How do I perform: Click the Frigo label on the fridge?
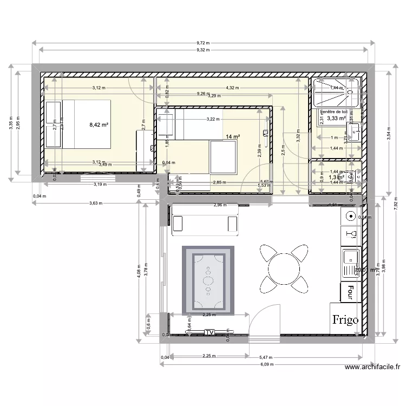point(345,319)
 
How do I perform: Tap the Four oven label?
point(351,292)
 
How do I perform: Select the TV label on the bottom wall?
point(209,332)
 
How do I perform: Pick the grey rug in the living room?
point(208,280)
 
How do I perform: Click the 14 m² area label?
point(233,137)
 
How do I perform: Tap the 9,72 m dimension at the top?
point(203,43)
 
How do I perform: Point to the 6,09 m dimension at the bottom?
point(266,364)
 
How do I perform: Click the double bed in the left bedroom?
point(87,123)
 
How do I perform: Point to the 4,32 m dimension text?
point(233,88)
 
